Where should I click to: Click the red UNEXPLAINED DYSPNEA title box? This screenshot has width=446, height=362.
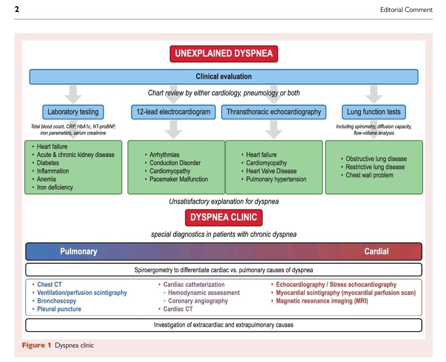click(224, 54)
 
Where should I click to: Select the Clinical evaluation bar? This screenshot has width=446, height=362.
click(223, 76)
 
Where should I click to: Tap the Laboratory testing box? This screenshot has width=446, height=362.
click(73, 112)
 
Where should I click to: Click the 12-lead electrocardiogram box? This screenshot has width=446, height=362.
click(173, 112)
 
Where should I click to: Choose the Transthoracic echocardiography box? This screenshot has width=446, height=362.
click(274, 112)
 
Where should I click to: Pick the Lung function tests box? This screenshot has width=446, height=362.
click(374, 112)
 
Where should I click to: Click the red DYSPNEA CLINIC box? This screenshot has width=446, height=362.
click(223, 217)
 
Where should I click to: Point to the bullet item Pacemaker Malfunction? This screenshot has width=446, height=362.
click(179, 179)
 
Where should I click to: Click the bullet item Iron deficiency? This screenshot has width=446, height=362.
click(55, 187)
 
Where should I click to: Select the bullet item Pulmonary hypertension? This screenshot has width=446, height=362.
click(276, 179)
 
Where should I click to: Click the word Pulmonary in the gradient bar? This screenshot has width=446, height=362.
click(78, 251)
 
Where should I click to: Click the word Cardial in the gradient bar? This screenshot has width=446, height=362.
click(376, 251)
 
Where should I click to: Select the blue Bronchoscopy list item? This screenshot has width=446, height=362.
click(57, 301)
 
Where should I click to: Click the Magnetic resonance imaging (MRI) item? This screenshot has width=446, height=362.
click(322, 301)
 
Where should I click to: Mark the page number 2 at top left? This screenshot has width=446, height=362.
click(17, 9)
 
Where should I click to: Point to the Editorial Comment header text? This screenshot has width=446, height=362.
click(406, 10)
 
